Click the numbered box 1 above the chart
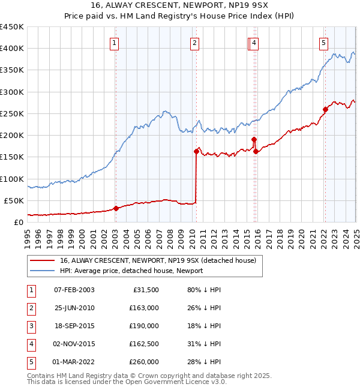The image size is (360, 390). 114,43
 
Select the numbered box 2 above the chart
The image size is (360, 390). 196,43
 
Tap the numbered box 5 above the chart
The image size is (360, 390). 323,43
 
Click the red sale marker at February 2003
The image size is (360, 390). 116,209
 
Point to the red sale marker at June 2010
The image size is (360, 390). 196,151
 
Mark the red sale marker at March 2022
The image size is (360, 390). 325,109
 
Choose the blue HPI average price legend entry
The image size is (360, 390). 131,271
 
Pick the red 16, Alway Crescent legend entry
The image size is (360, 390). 158,260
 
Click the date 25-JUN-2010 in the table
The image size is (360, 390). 74,308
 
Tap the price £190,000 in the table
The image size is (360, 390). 144,326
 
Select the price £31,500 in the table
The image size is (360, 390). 146,290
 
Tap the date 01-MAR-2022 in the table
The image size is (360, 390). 74,362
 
